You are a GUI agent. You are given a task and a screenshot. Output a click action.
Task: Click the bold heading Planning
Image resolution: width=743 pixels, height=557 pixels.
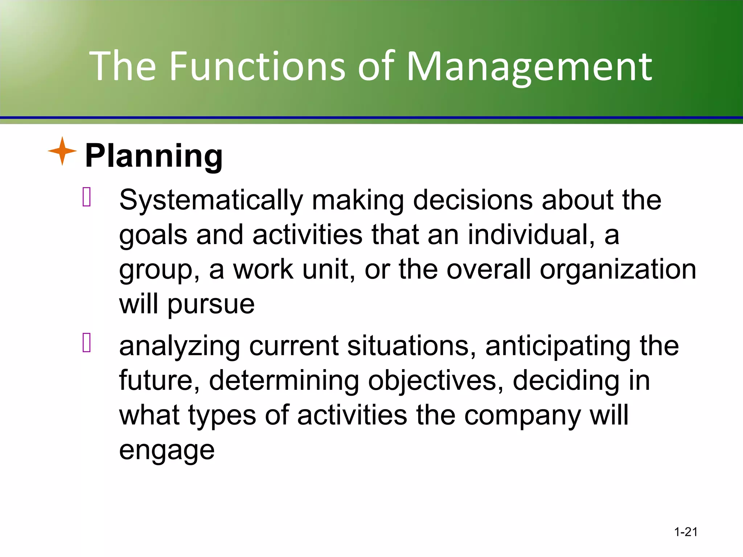[154, 156]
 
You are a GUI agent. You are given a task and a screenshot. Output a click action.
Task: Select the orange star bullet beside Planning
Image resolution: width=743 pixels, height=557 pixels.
[62, 151]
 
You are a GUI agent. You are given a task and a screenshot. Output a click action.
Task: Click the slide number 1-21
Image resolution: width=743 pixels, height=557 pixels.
[686, 532]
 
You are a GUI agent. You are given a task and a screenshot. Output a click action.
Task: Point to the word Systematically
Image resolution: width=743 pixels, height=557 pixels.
[211, 201]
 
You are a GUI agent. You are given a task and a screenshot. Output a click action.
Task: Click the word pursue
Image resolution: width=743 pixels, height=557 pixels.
[211, 305]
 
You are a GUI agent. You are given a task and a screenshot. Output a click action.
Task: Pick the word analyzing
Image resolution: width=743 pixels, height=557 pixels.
[180, 346]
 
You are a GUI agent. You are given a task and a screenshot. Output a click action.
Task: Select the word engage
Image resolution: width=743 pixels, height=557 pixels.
[167, 451]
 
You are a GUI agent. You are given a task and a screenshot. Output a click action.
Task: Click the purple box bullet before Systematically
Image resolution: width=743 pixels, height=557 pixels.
[87, 197]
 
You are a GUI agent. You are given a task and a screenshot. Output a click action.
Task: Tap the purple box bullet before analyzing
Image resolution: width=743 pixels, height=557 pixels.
[87, 343]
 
